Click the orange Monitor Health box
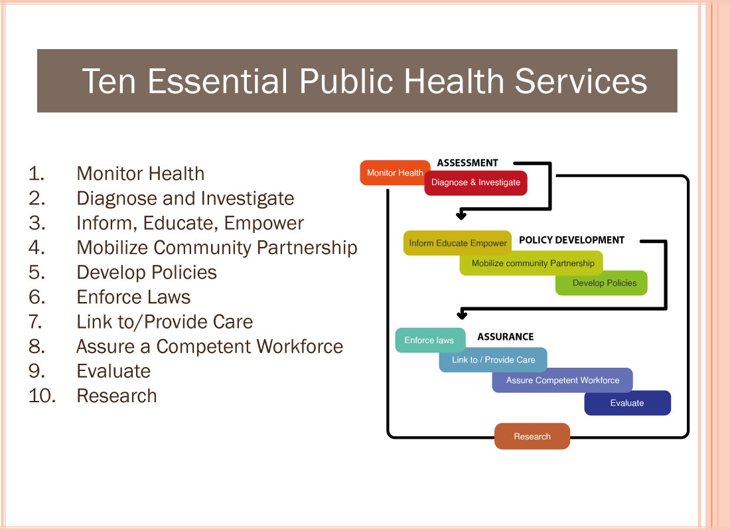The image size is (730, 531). pyautogui.click(x=395, y=173)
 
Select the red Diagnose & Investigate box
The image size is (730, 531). pyautogui.click(x=476, y=183)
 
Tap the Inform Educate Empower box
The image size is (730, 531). pyautogui.click(x=457, y=243)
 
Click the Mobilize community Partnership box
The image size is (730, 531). pyautogui.click(x=531, y=263)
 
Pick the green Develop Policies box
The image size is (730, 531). pyautogui.click(x=601, y=283)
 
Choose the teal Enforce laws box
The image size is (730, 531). pyautogui.click(x=430, y=340)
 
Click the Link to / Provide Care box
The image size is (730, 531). pyautogui.click(x=493, y=360)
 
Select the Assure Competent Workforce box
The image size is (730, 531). pyautogui.click(x=562, y=380)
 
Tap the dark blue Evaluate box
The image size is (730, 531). pyautogui.click(x=628, y=403)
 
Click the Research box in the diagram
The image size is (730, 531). pyautogui.click(x=532, y=437)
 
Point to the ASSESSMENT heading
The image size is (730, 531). pyautogui.click(x=467, y=163)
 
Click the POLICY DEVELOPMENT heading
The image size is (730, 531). pyautogui.click(x=571, y=240)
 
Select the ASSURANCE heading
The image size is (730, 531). pyautogui.click(x=506, y=337)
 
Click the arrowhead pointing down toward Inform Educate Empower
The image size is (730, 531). pyautogui.click(x=461, y=215)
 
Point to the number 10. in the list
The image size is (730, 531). pyautogui.click(x=42, y=396)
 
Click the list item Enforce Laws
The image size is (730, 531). pyautogui.click(x=133, y=297)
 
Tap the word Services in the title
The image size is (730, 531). pyautogui.click(x=581, y=81)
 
